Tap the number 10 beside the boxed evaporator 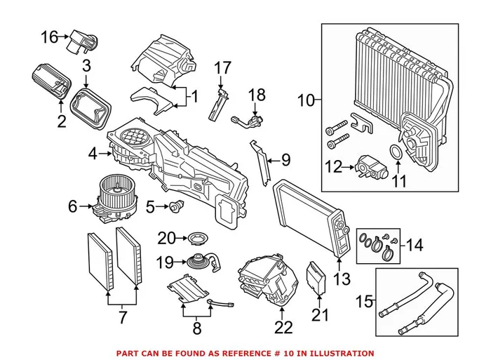306,101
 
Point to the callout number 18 257,94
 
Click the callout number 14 415,246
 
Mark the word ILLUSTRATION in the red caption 342,353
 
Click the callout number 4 93,152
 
